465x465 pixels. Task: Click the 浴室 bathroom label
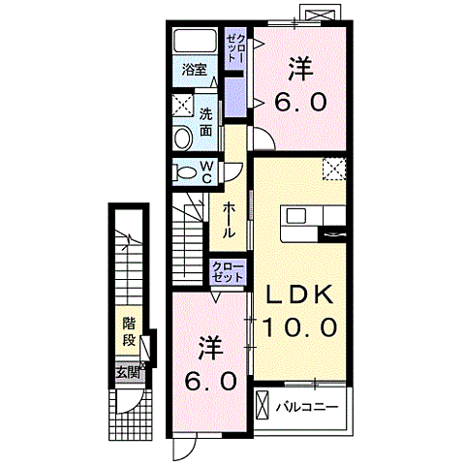tap(194, 70)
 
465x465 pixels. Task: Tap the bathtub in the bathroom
tap(195, 40)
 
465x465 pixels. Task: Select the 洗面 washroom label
tap(205, 122)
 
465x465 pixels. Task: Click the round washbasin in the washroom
tap(182, 139)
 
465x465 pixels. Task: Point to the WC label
tap(207, 172)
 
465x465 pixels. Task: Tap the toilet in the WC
tap(185, 173)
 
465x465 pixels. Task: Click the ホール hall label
tap(229, 220)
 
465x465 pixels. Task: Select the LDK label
tap(299, 294)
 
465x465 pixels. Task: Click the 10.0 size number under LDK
tap(299, 326)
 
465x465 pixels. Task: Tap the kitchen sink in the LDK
tap(296, 215)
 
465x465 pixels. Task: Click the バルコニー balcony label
tap(306, 407)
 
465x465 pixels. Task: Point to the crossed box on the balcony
tap(263, 405)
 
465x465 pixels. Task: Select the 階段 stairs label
tap(129, 331)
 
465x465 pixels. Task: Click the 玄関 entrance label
tap(128, 373)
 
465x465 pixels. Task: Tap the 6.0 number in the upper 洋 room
tap(300, 102)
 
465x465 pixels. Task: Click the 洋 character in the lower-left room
tap(211, 349)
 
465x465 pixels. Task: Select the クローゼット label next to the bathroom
tap(235, 48)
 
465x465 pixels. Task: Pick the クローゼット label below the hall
tap(228, 272)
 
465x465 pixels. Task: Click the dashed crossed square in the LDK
tap(334, 169)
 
